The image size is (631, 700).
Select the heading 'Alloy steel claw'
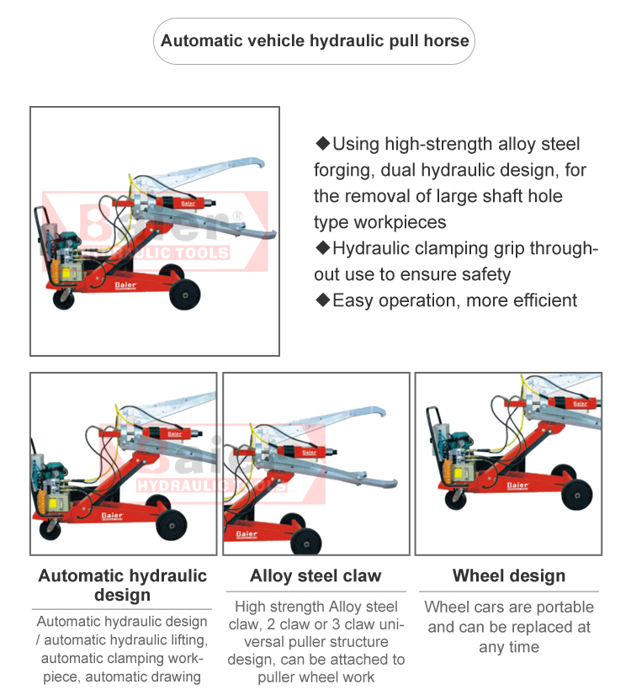(x=315, y=576)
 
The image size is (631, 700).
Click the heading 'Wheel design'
(x=509, y=576)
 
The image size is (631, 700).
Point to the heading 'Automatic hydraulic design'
(x=123, y=586)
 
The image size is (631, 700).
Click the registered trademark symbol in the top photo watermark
(x=238, y=216)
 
